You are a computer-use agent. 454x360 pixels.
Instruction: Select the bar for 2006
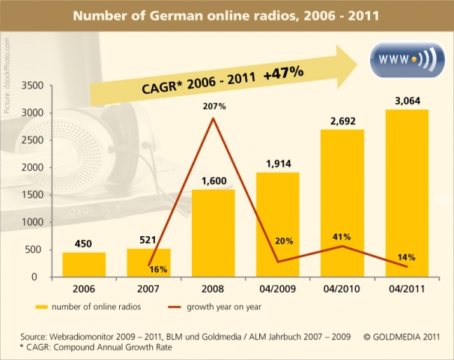83,264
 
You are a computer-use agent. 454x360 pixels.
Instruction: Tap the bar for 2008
214,232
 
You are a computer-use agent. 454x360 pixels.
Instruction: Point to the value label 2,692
344,118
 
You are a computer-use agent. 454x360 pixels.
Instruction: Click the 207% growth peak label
214,107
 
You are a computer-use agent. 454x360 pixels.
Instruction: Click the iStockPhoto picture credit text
7,75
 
